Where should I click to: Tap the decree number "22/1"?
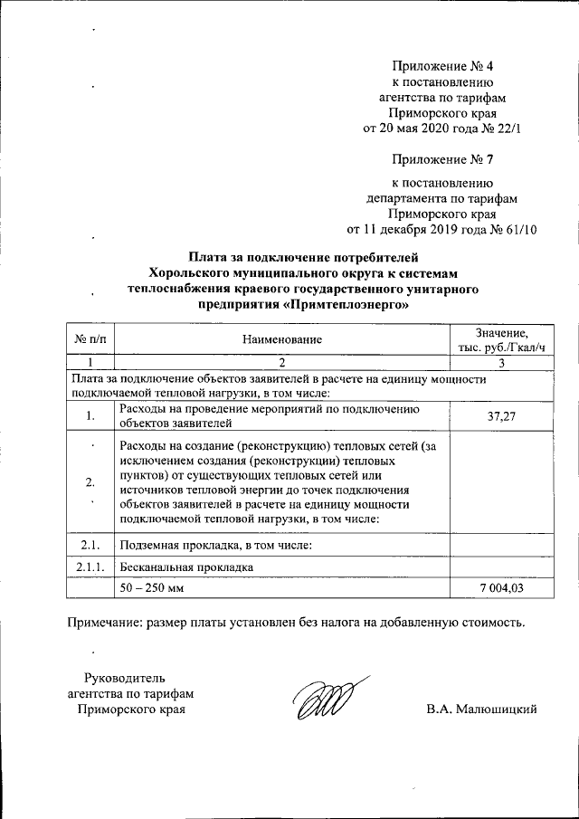pos(507,129)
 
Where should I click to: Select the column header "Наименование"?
pos(281,339)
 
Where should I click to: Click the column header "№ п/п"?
pos(89,339)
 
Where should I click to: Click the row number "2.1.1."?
pos(89,567)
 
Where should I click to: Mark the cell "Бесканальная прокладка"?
pos(185,567)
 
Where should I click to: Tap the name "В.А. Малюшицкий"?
pos(482,709)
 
